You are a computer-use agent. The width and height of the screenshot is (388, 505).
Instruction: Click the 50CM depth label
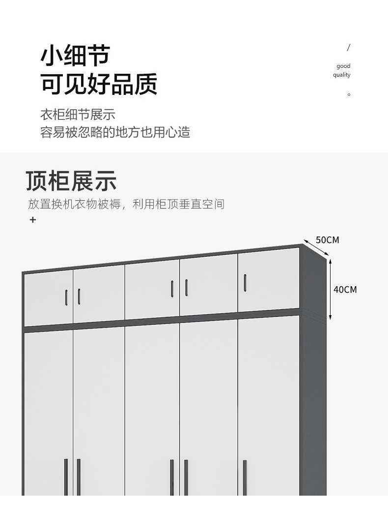point(327,240)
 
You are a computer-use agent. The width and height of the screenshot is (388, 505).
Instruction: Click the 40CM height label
point(345,289)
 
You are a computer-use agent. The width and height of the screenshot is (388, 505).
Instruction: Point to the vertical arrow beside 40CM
point(331,290)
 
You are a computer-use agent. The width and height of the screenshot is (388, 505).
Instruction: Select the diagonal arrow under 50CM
point(315,248)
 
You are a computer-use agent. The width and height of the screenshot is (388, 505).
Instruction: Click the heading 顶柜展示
point(71,181)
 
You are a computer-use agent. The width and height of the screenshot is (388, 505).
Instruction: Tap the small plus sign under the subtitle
point(33,220)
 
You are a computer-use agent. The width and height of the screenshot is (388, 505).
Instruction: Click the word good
point(343,66)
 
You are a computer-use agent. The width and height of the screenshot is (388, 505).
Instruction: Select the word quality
point(341,75)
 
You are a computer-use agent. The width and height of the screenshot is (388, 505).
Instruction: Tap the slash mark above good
point(349,48)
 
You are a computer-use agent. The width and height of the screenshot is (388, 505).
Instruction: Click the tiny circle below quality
point(349,94)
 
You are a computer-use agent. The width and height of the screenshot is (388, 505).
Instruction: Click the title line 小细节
point(75,55)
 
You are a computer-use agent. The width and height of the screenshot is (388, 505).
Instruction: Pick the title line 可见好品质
point(99,84)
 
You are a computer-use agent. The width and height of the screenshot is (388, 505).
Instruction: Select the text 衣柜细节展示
point(78,115)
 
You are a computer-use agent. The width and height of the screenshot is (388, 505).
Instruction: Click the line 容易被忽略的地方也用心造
point(115,132)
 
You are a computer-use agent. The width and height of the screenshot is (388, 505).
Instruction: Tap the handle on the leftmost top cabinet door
point(66,297)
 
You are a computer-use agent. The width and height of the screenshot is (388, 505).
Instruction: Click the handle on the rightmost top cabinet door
point(245,282)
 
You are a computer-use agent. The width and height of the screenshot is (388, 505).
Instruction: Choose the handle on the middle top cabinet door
point(172,288)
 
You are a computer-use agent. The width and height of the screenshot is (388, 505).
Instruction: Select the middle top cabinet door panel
point(152,290)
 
